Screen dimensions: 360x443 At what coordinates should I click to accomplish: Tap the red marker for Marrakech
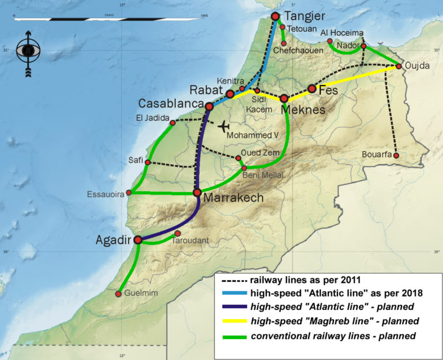(x=197, y=192)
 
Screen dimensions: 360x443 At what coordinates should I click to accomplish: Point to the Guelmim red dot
(x=118, y=294)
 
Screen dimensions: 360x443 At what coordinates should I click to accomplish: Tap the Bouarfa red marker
(x=396, y=155)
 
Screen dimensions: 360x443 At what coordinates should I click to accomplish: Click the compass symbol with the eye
(x=26, y=51)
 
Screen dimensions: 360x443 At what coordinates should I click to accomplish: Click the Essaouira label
(x=106, y=194)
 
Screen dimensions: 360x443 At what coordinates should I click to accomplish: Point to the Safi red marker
(x=148, y=163)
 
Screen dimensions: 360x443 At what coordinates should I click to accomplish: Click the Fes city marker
(x=311, y=89)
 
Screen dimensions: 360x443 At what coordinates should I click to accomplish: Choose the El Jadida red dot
(x=172, y=123)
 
